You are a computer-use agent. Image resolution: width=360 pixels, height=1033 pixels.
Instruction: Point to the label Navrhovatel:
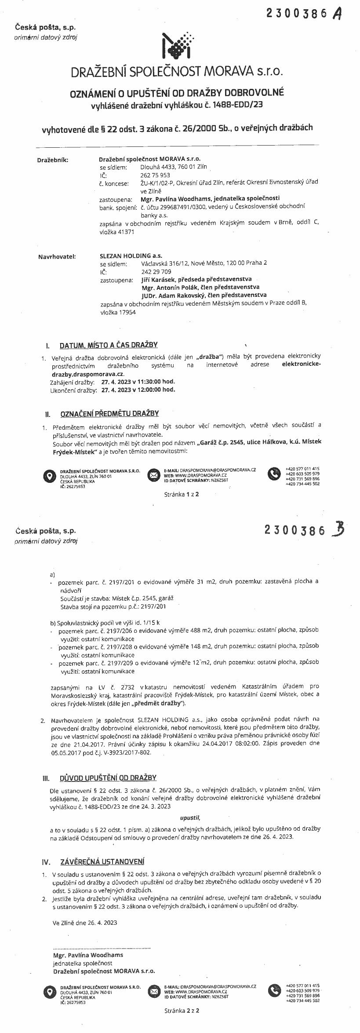coord(57,256)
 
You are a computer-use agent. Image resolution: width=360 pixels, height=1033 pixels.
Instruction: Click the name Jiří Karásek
coord(158,279)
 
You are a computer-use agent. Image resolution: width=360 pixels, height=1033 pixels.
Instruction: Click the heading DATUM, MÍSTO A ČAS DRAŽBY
coord(109,345)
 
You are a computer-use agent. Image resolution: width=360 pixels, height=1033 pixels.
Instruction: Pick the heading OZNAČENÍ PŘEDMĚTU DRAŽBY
coord(109,413)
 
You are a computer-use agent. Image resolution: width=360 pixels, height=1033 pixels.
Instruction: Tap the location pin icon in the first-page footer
coord(49,475)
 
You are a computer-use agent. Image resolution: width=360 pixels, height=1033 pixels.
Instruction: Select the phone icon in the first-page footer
coord(274,474)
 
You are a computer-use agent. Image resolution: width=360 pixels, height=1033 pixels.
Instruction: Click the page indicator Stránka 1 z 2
coord(181,494)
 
